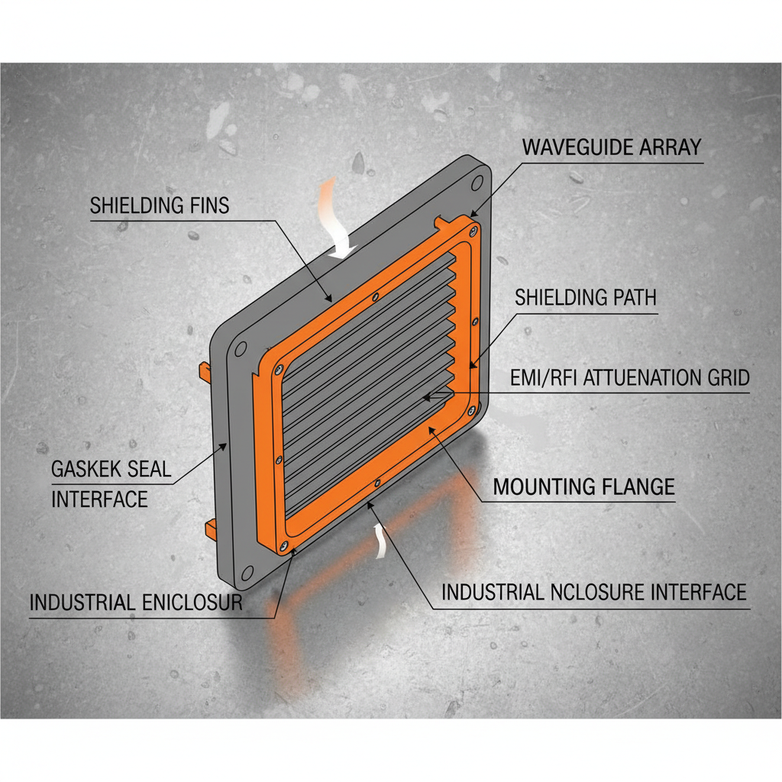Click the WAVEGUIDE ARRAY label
[x=611, y=147]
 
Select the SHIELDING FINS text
[x=159, y=205]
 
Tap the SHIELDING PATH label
[x=586, y=297]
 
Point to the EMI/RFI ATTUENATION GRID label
[x=629, y=377]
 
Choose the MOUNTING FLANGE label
[x=584, y=486]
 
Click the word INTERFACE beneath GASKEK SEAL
[x=99, y=499]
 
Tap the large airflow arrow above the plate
[x=334, y=218]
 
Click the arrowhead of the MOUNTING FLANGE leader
[x=432, y=430]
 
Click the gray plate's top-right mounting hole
[x=477, y=183]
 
